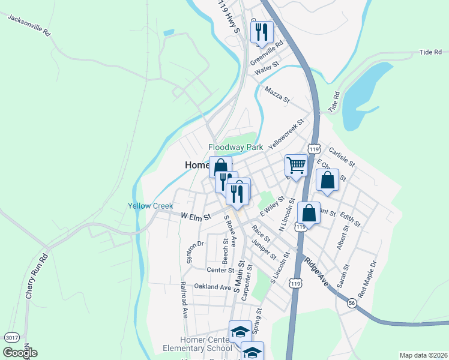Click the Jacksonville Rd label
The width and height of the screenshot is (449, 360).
coord(29,25)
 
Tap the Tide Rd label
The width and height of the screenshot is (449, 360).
coord(430,53)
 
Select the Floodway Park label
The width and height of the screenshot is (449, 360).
coord(236,147)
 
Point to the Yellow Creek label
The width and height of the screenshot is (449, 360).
coord(150,206)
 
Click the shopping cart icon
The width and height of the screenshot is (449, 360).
coord(295,165)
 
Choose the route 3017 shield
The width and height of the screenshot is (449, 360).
coord(11,338)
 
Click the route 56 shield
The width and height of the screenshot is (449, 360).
coord(351,305)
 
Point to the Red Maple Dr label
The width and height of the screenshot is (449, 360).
coord(366,279)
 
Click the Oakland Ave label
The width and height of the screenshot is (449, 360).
coord(209,287)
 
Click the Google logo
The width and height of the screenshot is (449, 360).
coord(20,353)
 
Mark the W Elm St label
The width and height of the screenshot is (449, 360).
coord(196,216)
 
